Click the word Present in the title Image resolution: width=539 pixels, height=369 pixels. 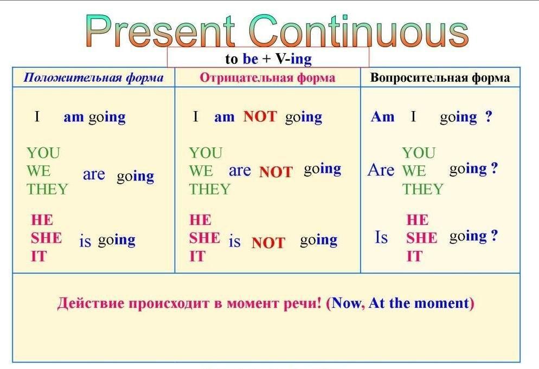pyautogui.click(x=161, y=30)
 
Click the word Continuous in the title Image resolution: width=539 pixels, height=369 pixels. pyautogui.click(x=359, y=30)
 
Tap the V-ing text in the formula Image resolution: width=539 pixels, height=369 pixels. pyautogui.click(x=293, y=59)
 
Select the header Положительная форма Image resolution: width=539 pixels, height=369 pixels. pyautogui.click(x=93, y=77)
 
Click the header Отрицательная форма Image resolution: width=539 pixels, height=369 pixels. pyautogui.click(x=267, y=77)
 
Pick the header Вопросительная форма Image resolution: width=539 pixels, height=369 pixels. pyautogui.click(x=440, y=77)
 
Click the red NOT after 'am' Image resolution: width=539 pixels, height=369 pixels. pyautogui.click(x=260, y=116)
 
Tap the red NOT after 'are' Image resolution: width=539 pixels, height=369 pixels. pyautogui.click(x=276, y=172)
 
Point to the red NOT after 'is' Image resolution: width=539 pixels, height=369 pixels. pyautogui.click(x=268, y=243)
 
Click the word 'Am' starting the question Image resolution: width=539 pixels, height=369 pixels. pyautogui.click(x=383, y=117)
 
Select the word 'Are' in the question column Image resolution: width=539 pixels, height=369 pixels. pyautogui.click(x=381, y=170)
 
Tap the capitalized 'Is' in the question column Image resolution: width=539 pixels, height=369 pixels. pyautogui.click(x=382, y=237)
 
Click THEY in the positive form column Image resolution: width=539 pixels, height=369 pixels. pyautogui.click(x=47, y=189)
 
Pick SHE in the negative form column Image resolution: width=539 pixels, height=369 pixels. pyautogui.click(x=204, y=238)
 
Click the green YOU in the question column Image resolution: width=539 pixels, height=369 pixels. pyautogui.click(x=419, y=153)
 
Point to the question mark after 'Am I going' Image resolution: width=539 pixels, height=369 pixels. pyautogui.click(x=489, y=116)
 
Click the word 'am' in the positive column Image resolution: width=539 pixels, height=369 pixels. pyautogui.click(x=74, y=117)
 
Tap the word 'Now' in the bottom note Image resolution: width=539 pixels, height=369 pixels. pyautogui.click(x=347, y=303)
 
